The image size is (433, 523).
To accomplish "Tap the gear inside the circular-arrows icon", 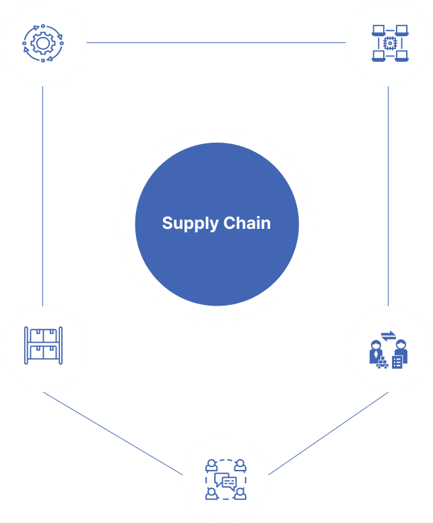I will point(43,43).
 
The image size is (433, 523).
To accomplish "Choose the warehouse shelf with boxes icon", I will point(43,346).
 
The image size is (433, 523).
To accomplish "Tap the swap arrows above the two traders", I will point(389,335).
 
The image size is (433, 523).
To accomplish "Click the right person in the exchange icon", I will point(401,349).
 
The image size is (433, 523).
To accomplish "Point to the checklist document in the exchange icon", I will point(397,363).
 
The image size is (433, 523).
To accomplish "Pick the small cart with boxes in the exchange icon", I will point(381,364).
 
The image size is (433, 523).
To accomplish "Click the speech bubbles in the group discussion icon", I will point(226,481).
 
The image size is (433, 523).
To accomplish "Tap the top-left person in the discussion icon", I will point(211,465).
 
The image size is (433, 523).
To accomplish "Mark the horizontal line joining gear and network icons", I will point(215,43).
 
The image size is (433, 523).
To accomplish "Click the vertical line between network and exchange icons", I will point(389,195).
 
